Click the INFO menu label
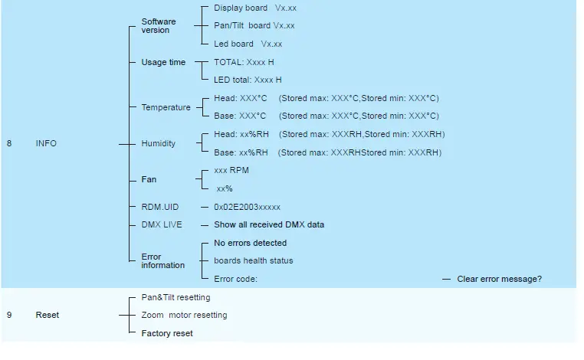pyautogui.click(x=46, y=143)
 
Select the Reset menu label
pyautogui.click(x=47, y=315)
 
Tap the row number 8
pyautogui.click(x=9, y=143)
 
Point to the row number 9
pyautogui.click(x=9, y=315)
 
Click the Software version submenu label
pyautogui.click(x=159, y=26)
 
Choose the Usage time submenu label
pyautogui.click(x=163, y=62)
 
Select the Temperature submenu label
pyautogui.click(x=166, y=107)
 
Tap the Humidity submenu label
pyautogui.click(x=159, y=143)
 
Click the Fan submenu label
pyautogui.click(x=149, y=179)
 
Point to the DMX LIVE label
pyautogui.click(x=162, y=224)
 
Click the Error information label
pyautogui.click(x=162, y=261)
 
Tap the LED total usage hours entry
pyautogui.click(x=248, y=80)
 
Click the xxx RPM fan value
pyautogui.click(x=231, y=170)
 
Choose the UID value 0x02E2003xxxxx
pyautogui.click(x=247, y=207)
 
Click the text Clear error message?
pyautogui.click(x=499, y=279)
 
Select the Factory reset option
pyautogui.click(x=167, y=333)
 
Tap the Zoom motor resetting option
pyautogui.click(x=184, y=315)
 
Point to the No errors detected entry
pyautogui.click(x=250, y=243)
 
